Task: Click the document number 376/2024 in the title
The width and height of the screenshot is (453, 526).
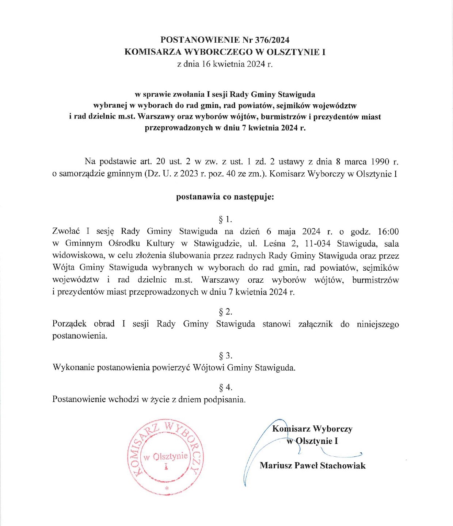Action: click(x=272, y=40)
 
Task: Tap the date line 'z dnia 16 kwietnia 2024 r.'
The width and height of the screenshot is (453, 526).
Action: click(x=225, y=64)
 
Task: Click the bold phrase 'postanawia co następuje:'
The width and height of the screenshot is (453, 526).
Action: click(x=225, y=197)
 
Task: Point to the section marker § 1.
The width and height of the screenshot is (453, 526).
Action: click(x=225, y=220)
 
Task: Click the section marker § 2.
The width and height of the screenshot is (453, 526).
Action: click(x=225, y=312)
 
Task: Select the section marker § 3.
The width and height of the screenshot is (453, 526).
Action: click(x=225, y=356)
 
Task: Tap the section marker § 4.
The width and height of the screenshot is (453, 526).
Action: click(x=225, y=387)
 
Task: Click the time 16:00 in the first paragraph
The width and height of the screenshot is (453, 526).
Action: click(x=388, y=232)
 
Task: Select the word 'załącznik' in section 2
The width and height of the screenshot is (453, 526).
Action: click(x=315, y=324)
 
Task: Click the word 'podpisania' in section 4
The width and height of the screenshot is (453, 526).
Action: click(x=224, y=399)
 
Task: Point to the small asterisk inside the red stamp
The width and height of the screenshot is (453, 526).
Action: click(x=167, y=488)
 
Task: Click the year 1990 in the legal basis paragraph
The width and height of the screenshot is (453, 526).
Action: click(x=380, y=161)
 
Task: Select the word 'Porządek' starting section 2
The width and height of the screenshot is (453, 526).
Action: click(x=69, y=324)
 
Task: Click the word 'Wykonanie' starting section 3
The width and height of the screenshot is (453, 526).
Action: click(x=71, y=368)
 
